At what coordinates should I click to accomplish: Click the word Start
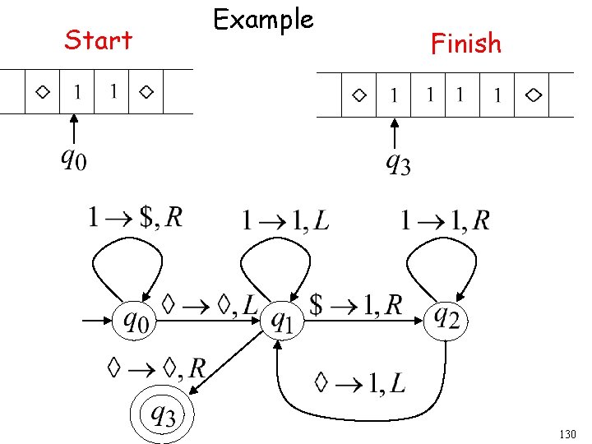(x=98, y=39)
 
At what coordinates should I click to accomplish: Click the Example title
(x=263, y=19)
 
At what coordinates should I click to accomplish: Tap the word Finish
(x=465, y=43)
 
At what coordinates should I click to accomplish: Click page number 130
(x=567, y=432)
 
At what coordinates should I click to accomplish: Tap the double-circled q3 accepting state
(x=161, y=414)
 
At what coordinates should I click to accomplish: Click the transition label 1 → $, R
(x=135, y=218)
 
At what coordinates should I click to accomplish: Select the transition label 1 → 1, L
(x=284, y=220)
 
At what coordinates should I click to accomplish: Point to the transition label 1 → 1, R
(x=445, y=220)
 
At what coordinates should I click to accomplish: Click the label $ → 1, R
(x=356, y=305)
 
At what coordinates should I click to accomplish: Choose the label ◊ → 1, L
(x=358, y=382)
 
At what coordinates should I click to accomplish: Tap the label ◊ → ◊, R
(x=156, y=367)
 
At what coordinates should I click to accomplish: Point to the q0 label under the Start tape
(x=72, y=157)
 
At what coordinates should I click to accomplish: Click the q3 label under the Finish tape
(x=398, y=164)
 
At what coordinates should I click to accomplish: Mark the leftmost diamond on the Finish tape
(x=359, y=95)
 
